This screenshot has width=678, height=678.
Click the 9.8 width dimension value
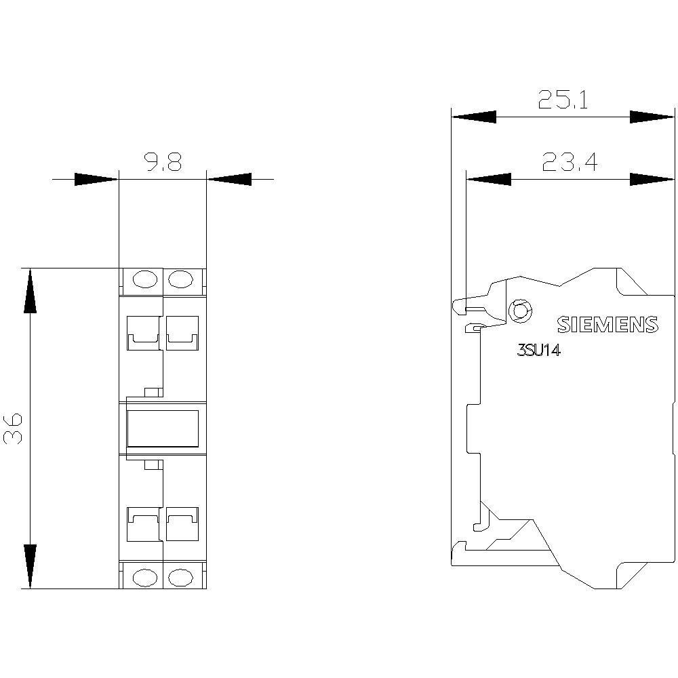(x=163, y=161)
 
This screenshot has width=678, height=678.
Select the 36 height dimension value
(x=13, y=428)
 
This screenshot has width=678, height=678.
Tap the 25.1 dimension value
(x=563, y=100)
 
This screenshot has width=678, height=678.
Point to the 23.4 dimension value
(x=570, y=162)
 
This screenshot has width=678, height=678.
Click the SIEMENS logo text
(x=607, y=324)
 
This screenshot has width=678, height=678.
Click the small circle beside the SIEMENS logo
(x=520, y=311)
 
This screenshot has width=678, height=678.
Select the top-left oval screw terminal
(x=145, y=279)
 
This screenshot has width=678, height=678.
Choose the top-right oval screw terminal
(x=180, y=279)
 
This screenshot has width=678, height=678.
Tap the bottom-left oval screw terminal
(x=145, y=577)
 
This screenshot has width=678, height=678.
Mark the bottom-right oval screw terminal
(x=180, y=577)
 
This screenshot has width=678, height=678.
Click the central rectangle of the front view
(x=163, y=428)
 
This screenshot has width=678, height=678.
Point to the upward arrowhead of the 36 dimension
(x=30, y=290)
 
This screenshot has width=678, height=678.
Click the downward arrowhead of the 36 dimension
(x=30, y=566)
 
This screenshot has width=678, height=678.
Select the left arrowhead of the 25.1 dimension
(x=473, y=117)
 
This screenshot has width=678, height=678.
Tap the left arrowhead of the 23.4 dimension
(x=488, y=179)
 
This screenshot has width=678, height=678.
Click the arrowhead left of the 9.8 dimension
(x=96, y=179)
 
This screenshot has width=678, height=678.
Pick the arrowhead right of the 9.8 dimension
(x=228, y=179)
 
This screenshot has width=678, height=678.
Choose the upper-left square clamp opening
(x=143, y=332)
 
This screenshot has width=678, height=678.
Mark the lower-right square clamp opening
(x=182, y=524)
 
